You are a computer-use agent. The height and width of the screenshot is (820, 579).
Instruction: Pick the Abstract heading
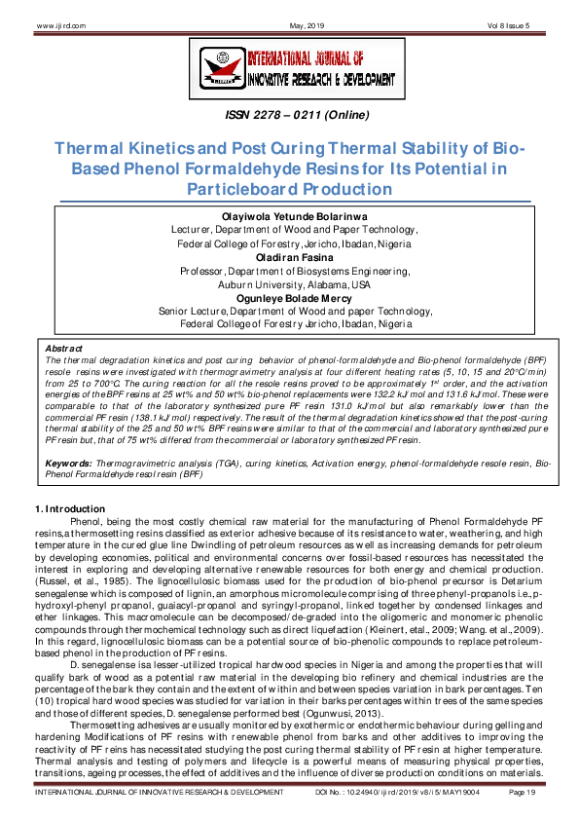pos(64,347)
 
